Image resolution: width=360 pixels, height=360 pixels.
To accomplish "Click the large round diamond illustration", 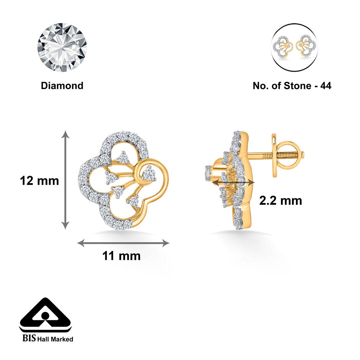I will pyautogui.click(x=62, y=47).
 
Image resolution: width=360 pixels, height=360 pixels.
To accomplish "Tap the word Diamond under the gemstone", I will pyautogui.click(x=62, y=86).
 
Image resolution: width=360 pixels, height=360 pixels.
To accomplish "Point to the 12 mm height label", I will pyautogui.click(x=39, y=181).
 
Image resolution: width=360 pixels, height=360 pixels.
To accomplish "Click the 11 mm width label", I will pyautogui.click(x=121, y=256).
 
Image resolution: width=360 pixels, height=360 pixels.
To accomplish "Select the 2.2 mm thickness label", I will pyautogui.click(x=281, y=201).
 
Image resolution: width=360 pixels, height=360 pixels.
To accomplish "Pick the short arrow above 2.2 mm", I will pyautogui.click(x=233, y=182).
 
